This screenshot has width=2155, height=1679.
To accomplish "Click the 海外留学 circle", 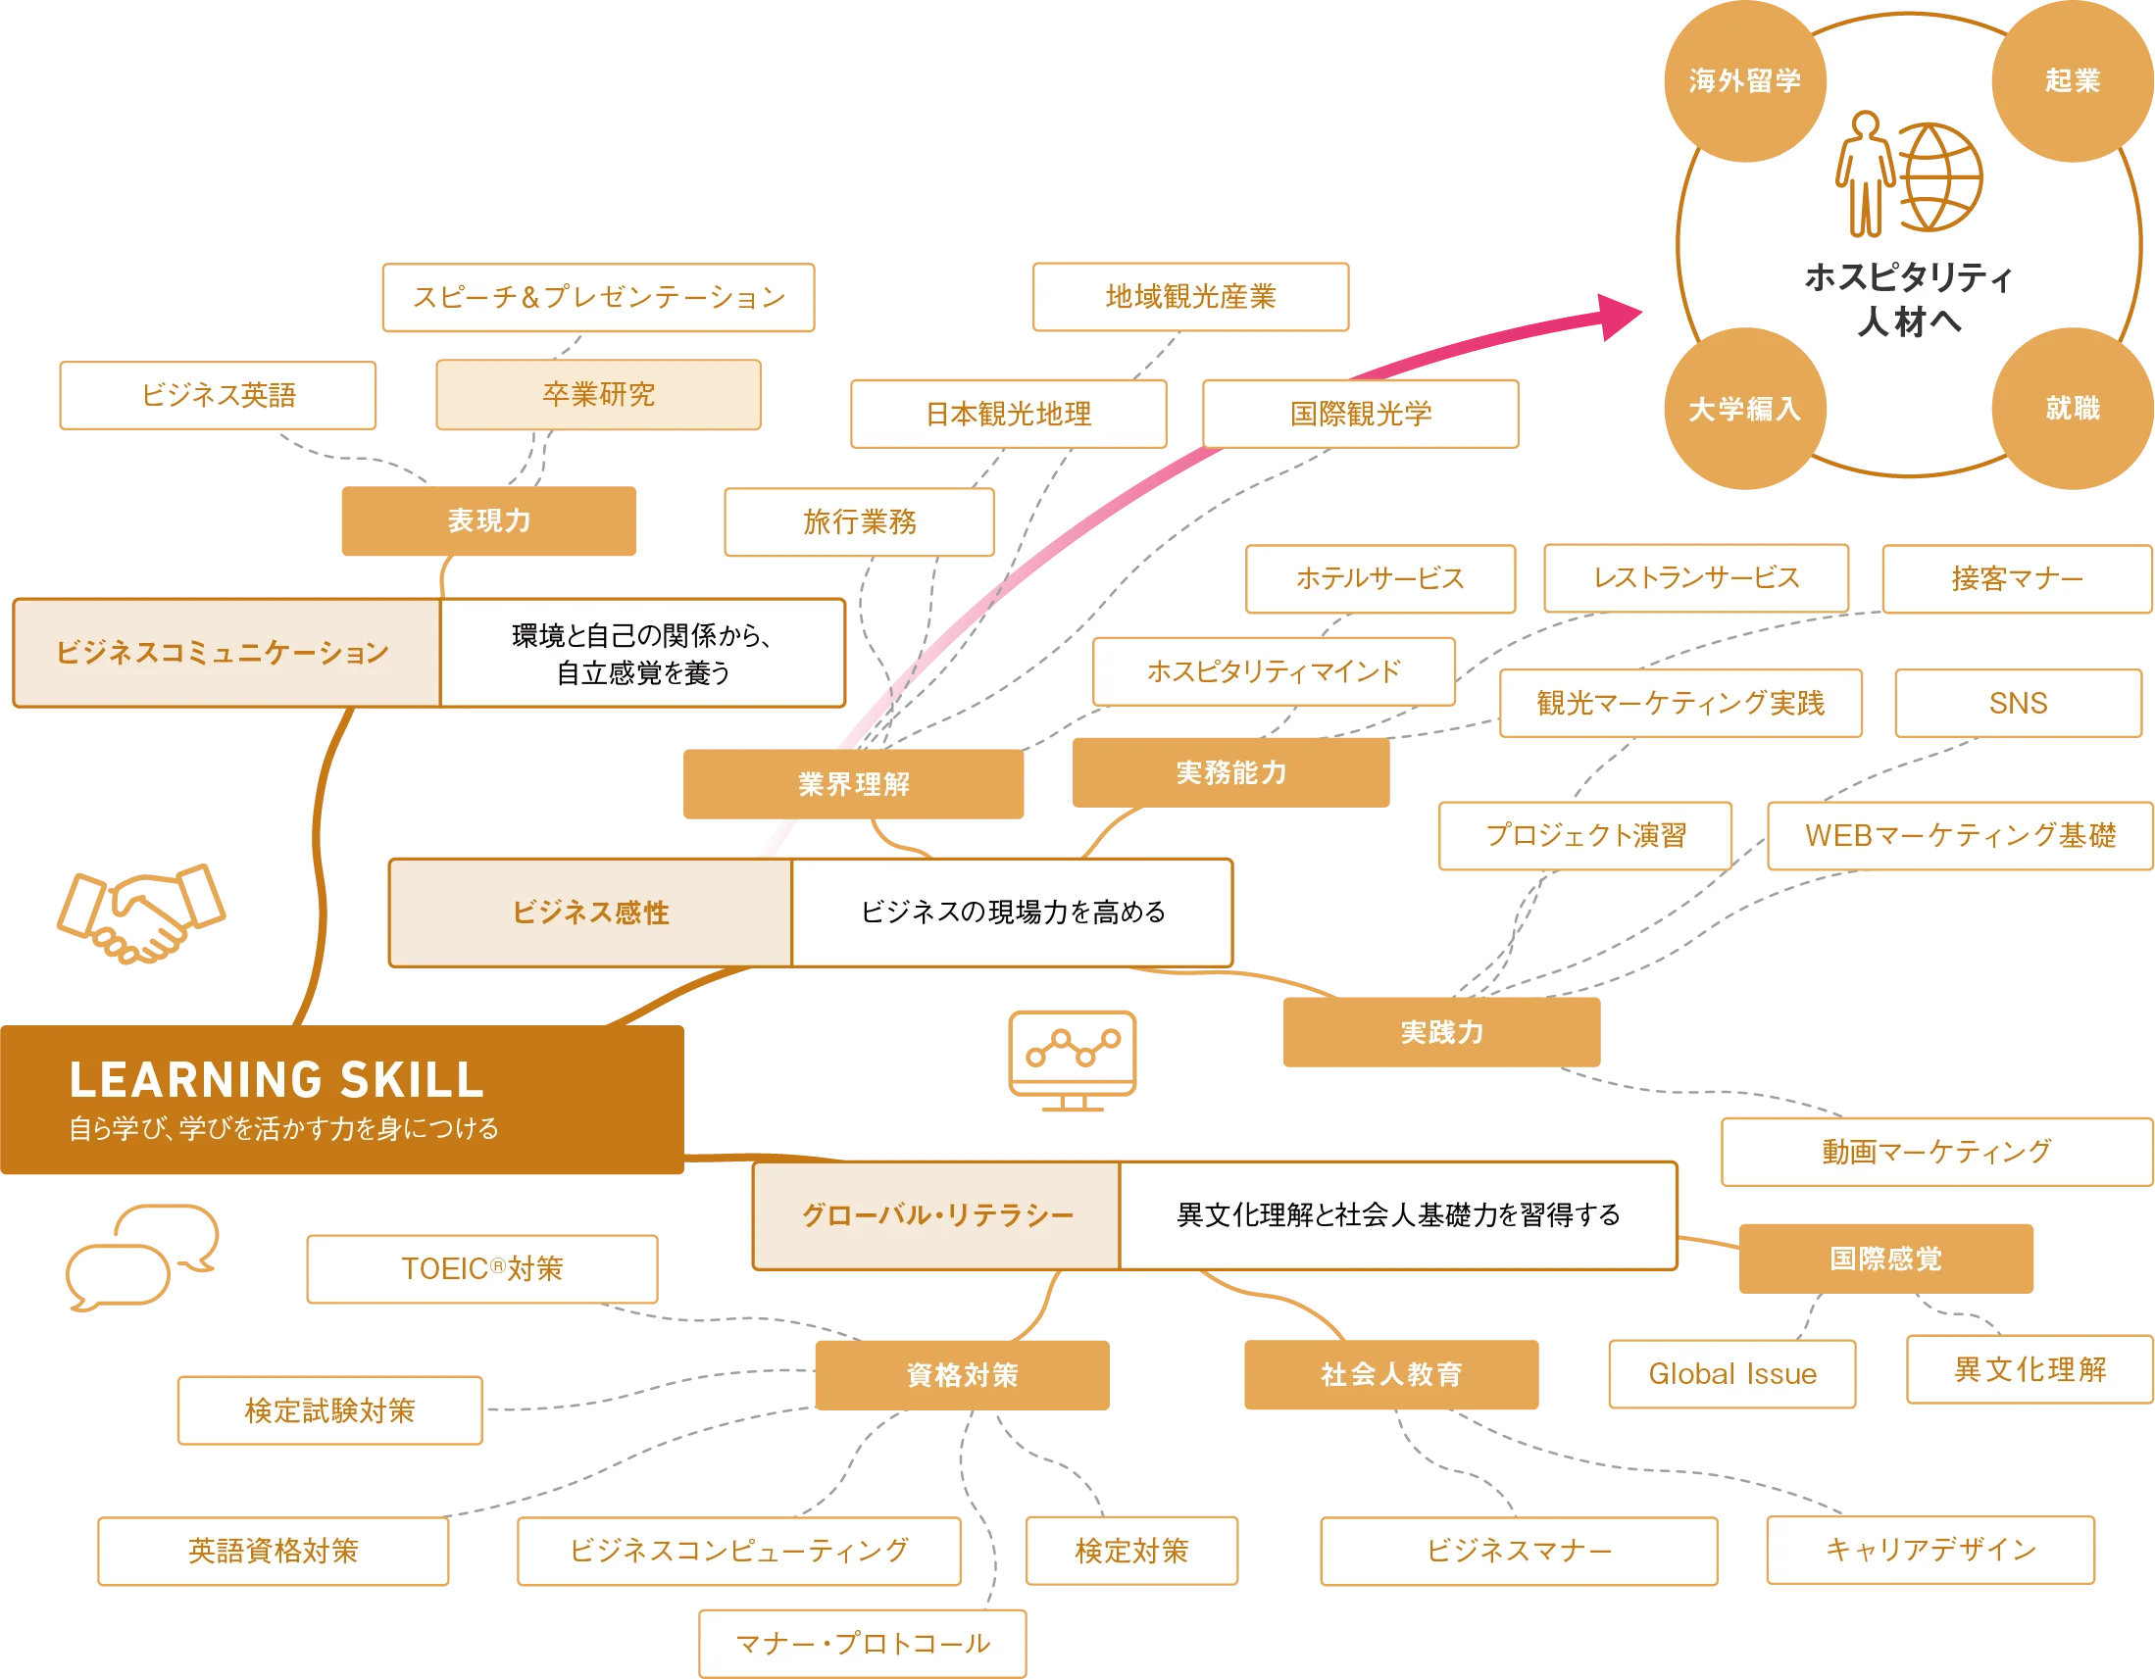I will pos(1743,80).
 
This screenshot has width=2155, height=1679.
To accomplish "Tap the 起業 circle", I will pos(2071,80).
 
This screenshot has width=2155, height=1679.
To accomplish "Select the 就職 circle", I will pos(2071,408).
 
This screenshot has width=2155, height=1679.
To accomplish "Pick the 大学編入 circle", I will pos(1743,409).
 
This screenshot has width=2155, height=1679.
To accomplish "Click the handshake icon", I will pos(141,914).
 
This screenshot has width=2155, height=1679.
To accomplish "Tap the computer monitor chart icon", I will pos(1071,1058).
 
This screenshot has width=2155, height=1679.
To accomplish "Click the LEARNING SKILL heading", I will pos(276,1079).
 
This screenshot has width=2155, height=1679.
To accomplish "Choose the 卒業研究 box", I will pos(598,395).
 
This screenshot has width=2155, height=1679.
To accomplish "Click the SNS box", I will pos(2018,704).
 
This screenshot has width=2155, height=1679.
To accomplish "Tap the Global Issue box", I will pos(1731,1374).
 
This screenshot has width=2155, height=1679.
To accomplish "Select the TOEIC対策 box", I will pos(481,1268).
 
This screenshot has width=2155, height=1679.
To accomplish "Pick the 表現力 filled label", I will pos(489,520).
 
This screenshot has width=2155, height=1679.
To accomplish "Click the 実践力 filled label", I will pos(1441,1033).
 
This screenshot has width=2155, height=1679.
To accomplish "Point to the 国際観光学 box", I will pos(1361,415).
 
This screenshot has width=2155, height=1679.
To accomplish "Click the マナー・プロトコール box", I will pos(863,1644).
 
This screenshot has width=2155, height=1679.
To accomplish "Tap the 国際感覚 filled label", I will pos(1885,1259).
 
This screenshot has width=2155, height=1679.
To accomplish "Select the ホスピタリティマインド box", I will pos(1274,671).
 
